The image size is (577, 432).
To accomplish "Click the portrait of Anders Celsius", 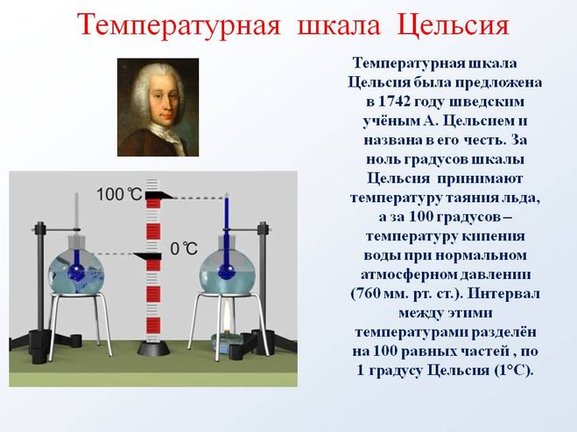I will click(158, 107).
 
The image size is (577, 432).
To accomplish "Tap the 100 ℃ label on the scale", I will click(118, 194).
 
